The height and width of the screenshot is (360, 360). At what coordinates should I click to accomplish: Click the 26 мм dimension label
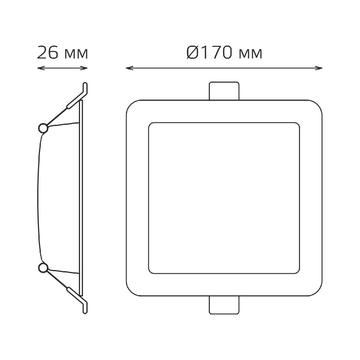click(62, 53)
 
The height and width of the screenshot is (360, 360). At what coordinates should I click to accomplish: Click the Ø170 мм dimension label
click(224, 53)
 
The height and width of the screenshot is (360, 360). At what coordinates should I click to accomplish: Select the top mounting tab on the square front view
click(224, 91)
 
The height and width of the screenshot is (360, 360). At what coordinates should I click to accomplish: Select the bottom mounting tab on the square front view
click(224, 305)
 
